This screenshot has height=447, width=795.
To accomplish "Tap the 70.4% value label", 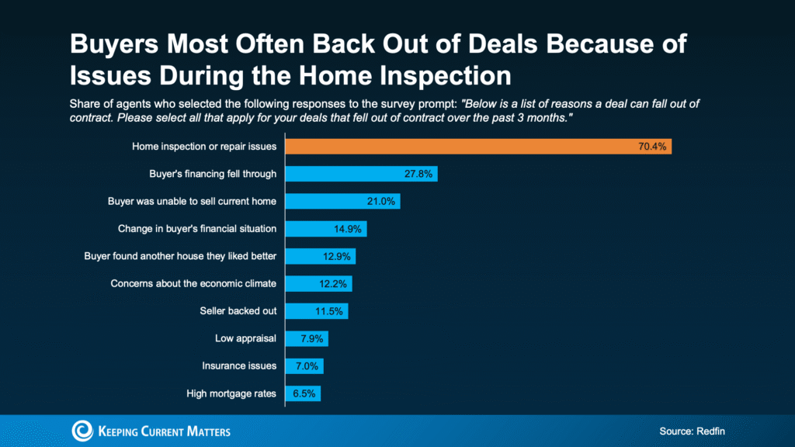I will [653, 146].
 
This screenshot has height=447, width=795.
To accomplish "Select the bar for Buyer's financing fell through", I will [361, 174].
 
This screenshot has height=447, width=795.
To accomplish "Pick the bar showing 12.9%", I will [320, 256].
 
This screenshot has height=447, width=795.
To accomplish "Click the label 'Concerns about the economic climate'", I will [193, 283].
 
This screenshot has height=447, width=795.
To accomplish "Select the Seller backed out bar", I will [317, 311].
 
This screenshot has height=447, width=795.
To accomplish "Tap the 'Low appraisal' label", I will [245, 338].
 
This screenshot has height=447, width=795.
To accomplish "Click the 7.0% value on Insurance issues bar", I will [305, 366].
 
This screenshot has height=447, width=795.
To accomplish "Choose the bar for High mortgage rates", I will [303, 393].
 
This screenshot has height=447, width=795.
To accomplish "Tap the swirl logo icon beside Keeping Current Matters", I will [82, 431].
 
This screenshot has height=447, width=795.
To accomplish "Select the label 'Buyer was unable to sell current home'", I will [192, 202].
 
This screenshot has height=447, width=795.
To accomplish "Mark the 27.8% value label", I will [419, 174].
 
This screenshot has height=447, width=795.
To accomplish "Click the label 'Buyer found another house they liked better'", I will [180, 256].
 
